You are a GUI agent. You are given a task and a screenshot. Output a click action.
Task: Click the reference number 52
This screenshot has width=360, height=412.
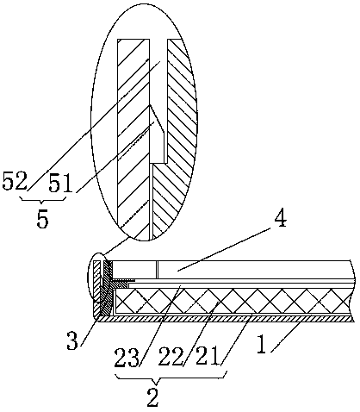[15, 181]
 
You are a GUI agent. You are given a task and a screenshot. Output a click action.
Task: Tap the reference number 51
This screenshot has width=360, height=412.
[60, 183]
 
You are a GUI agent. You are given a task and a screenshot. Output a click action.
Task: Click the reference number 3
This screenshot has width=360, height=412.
[72, 340]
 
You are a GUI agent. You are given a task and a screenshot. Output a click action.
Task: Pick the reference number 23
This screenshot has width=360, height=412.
[127, 358]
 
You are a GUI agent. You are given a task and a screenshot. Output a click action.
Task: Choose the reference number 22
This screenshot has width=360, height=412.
[171, 356]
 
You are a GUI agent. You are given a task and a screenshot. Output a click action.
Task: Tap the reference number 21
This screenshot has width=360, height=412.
[209, 356]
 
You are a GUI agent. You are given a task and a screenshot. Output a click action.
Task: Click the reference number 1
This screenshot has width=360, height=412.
[262, 345]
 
